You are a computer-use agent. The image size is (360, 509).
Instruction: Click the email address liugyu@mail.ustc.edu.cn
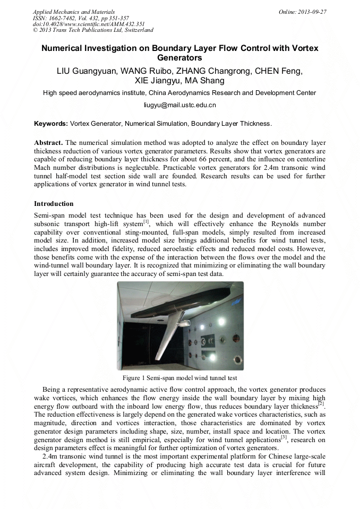coord(180,105)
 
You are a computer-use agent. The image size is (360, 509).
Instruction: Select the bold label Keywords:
coord(51,124)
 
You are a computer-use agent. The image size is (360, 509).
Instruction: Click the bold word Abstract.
coord(49,143)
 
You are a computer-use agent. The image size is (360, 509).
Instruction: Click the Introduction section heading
coord(54,203)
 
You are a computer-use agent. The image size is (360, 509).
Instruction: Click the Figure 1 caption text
coord(179,378)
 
